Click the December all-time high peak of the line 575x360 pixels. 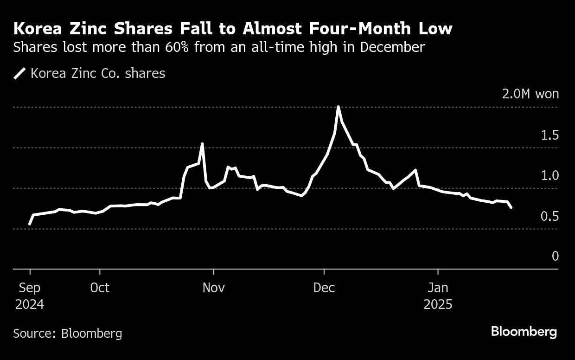[339, 107]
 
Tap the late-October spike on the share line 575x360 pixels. [202, 144]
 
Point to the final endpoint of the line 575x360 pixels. [511, 207]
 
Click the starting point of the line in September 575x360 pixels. [30, 224]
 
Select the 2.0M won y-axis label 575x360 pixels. [530, 94]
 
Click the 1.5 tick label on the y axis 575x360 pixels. [550, 135]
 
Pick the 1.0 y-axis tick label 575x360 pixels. [550, 175]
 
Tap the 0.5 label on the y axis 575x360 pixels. [550, 216]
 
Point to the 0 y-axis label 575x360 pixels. [555, 256]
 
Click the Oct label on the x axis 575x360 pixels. [100, 288]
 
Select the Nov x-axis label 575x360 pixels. [213, 288]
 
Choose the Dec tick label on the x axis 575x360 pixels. [324, 288]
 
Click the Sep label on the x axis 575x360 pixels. [30, 288]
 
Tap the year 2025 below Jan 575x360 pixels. [438, 305]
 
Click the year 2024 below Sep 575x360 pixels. [30, 305]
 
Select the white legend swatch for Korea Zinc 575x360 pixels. [19, 73]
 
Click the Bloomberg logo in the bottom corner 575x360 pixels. [524, 332]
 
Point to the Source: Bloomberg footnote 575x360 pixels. [68, 333]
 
